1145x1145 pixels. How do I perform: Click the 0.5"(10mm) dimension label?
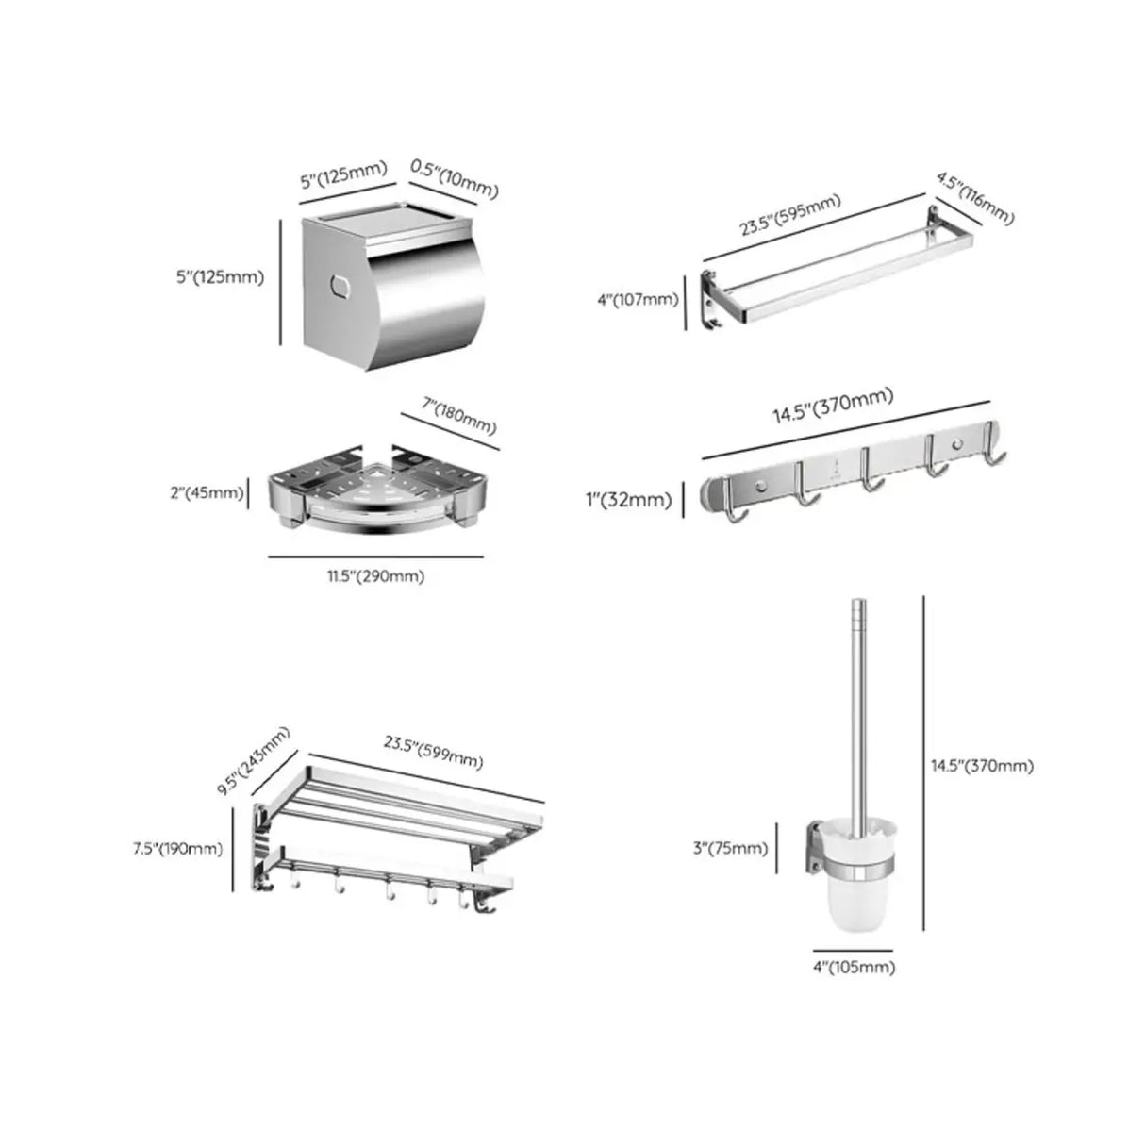(455, 178)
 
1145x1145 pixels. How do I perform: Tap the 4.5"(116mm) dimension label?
(975, 198)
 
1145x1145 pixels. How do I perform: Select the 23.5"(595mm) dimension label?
(789, 214)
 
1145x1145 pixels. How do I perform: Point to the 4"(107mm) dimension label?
(638, 300)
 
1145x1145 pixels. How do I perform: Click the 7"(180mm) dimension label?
(458, 415)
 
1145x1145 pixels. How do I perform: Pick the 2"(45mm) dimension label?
(207, 492)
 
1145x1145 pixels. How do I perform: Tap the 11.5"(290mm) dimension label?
(376, 576)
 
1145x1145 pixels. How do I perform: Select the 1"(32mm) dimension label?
(629, 500)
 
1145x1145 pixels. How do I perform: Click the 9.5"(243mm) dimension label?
(253, 760)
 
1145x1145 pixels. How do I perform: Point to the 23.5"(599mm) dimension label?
(433, 753)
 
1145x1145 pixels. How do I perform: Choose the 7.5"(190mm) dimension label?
(178, 849)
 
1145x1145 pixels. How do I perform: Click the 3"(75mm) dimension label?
(730, 848)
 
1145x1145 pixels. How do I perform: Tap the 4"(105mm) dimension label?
(854, 967)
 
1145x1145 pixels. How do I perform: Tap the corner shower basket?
(379, 488)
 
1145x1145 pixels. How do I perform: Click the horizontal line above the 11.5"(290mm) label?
(375, 556)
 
